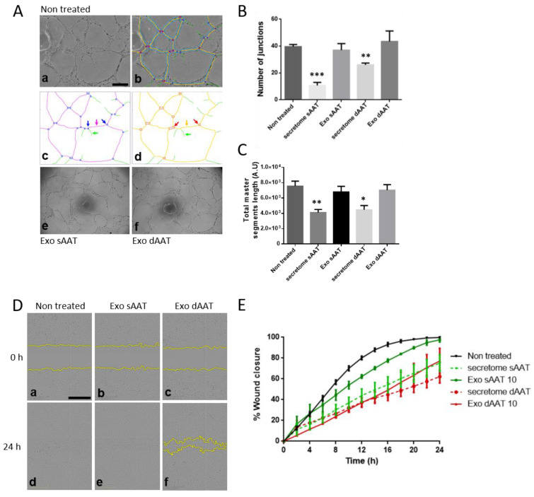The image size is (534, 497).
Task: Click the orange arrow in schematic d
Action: [x=187, y=123]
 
